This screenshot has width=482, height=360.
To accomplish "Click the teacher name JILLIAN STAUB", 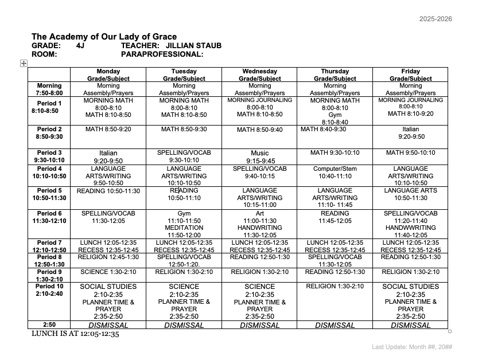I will click(193, 45).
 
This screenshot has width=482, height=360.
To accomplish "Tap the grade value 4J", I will click(80, 45).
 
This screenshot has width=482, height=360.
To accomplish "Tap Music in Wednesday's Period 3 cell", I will click(259, 153).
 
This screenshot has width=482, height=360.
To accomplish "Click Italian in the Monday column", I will click(108, 153).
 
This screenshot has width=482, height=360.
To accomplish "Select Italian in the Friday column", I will click(410, 130).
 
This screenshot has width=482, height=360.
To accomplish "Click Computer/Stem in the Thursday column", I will click(335, 169).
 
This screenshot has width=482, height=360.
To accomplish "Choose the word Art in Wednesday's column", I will click(259, 213).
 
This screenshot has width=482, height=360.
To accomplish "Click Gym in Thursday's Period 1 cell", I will click(335, 115).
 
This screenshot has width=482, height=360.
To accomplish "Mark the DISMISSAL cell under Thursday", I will click(335, 325).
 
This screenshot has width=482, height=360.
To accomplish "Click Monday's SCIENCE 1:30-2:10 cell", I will click(108, 272).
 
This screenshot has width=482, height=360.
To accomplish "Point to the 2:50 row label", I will click(49, 324).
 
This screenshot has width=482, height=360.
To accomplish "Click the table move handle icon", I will click(24, 63).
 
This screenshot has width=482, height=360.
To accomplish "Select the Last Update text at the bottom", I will click(411, 347).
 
